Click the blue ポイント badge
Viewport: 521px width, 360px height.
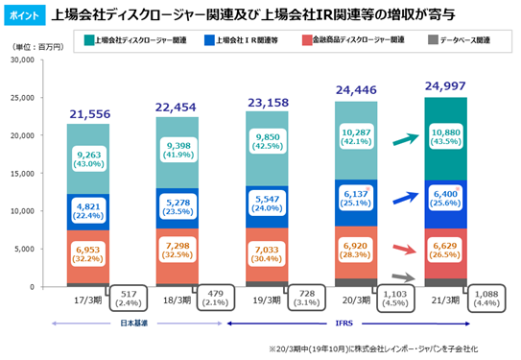[x=25, y=15]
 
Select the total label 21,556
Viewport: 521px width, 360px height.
[x=90, y=114]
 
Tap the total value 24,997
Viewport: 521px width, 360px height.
[x=445, y=86]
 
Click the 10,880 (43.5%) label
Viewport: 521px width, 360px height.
[x=445, y=136]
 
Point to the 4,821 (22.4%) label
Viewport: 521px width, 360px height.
[x=88, y=211]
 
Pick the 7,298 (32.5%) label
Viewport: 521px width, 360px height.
[x=178, y=251]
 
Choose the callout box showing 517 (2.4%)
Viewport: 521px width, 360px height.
[x=129, y=299]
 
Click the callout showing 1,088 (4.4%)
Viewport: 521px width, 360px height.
[x=486, y=299]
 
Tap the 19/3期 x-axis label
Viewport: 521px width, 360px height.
[x=267, y=300]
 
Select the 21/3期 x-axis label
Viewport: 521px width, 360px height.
[x=445, y=300]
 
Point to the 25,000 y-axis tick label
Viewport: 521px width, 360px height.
[x=22, y=98]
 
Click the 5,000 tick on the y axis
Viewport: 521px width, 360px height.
[x=24, y=249]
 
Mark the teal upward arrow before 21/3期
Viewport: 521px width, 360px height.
[x=406, y=139]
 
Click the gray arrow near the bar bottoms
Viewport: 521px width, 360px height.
[x=404, y=277]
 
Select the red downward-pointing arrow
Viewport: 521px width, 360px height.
[x=404, y=249]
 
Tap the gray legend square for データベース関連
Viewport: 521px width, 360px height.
[x=433, y=40]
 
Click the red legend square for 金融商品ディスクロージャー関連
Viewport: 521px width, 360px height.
[x=307, y=40]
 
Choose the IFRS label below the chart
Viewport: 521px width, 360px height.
[x=343, y=324]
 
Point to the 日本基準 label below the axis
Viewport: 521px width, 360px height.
[x=133, y=324]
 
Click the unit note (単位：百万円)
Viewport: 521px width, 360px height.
[x=37, y=47]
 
